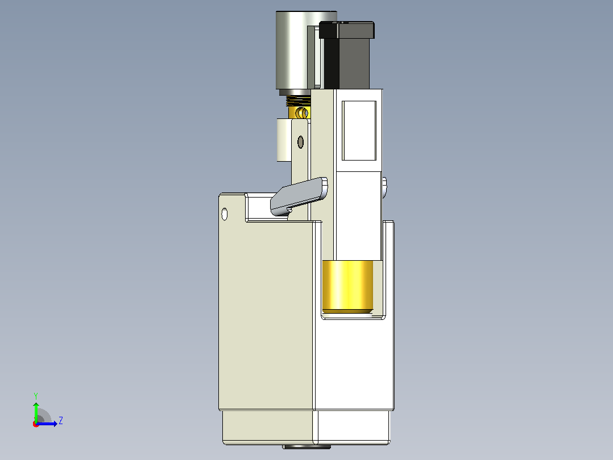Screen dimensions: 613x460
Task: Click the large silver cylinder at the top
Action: pos(293,50)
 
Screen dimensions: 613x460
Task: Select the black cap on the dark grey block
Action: pos(346,30)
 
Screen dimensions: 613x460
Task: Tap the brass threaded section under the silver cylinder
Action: pos(299,101)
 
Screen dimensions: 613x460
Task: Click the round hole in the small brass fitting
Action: pos(301,113)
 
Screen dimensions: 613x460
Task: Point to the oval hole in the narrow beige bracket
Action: pos(300,142)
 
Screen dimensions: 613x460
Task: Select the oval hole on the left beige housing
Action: pos(225,214)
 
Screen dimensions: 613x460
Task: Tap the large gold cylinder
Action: pos(347,287)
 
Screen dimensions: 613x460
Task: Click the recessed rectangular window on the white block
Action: pos(359,131)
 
